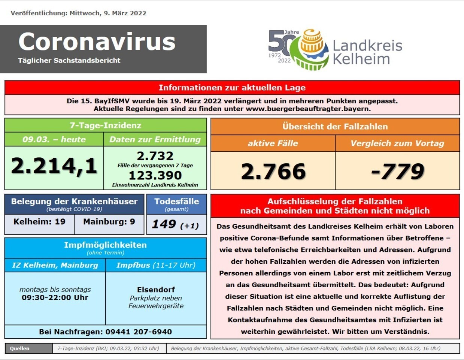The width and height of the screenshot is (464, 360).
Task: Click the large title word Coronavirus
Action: [x=97, y=42]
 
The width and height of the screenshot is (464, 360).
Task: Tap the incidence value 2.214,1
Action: [x=54, y=166]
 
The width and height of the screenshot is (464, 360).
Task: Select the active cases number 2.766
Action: [x=273, y=171]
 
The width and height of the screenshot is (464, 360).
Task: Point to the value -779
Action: [x=397, y=171]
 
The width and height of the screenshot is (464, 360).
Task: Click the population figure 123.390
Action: [x=155, y=175]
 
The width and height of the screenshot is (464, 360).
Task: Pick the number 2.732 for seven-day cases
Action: [x=155, y=156]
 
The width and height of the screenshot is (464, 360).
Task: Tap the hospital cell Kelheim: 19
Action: [x=39, y=222]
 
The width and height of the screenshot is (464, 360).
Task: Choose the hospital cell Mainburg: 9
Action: [x=109, y=222]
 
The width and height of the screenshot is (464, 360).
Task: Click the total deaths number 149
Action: [x=164, y=224]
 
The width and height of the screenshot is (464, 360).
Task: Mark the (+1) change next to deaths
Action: [x=189, y=226]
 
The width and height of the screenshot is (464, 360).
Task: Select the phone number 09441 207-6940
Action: [x=139, y=332]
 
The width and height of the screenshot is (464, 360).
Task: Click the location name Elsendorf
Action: [x=156, y=290]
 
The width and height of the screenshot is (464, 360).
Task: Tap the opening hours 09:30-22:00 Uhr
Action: [x=55, y=298]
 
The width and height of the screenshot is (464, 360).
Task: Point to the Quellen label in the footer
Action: [x=20, y=348]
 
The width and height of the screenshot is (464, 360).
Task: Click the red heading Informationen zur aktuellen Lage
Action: [x=232, y=88]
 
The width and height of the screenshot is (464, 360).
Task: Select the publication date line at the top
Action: [x=78, y=13]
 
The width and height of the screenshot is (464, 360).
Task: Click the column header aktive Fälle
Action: [x=273, y=143]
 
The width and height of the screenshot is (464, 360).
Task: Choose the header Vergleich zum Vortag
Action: [x=397, y=143]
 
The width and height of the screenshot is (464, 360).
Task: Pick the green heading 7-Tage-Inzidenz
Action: [x=105, y=125]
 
